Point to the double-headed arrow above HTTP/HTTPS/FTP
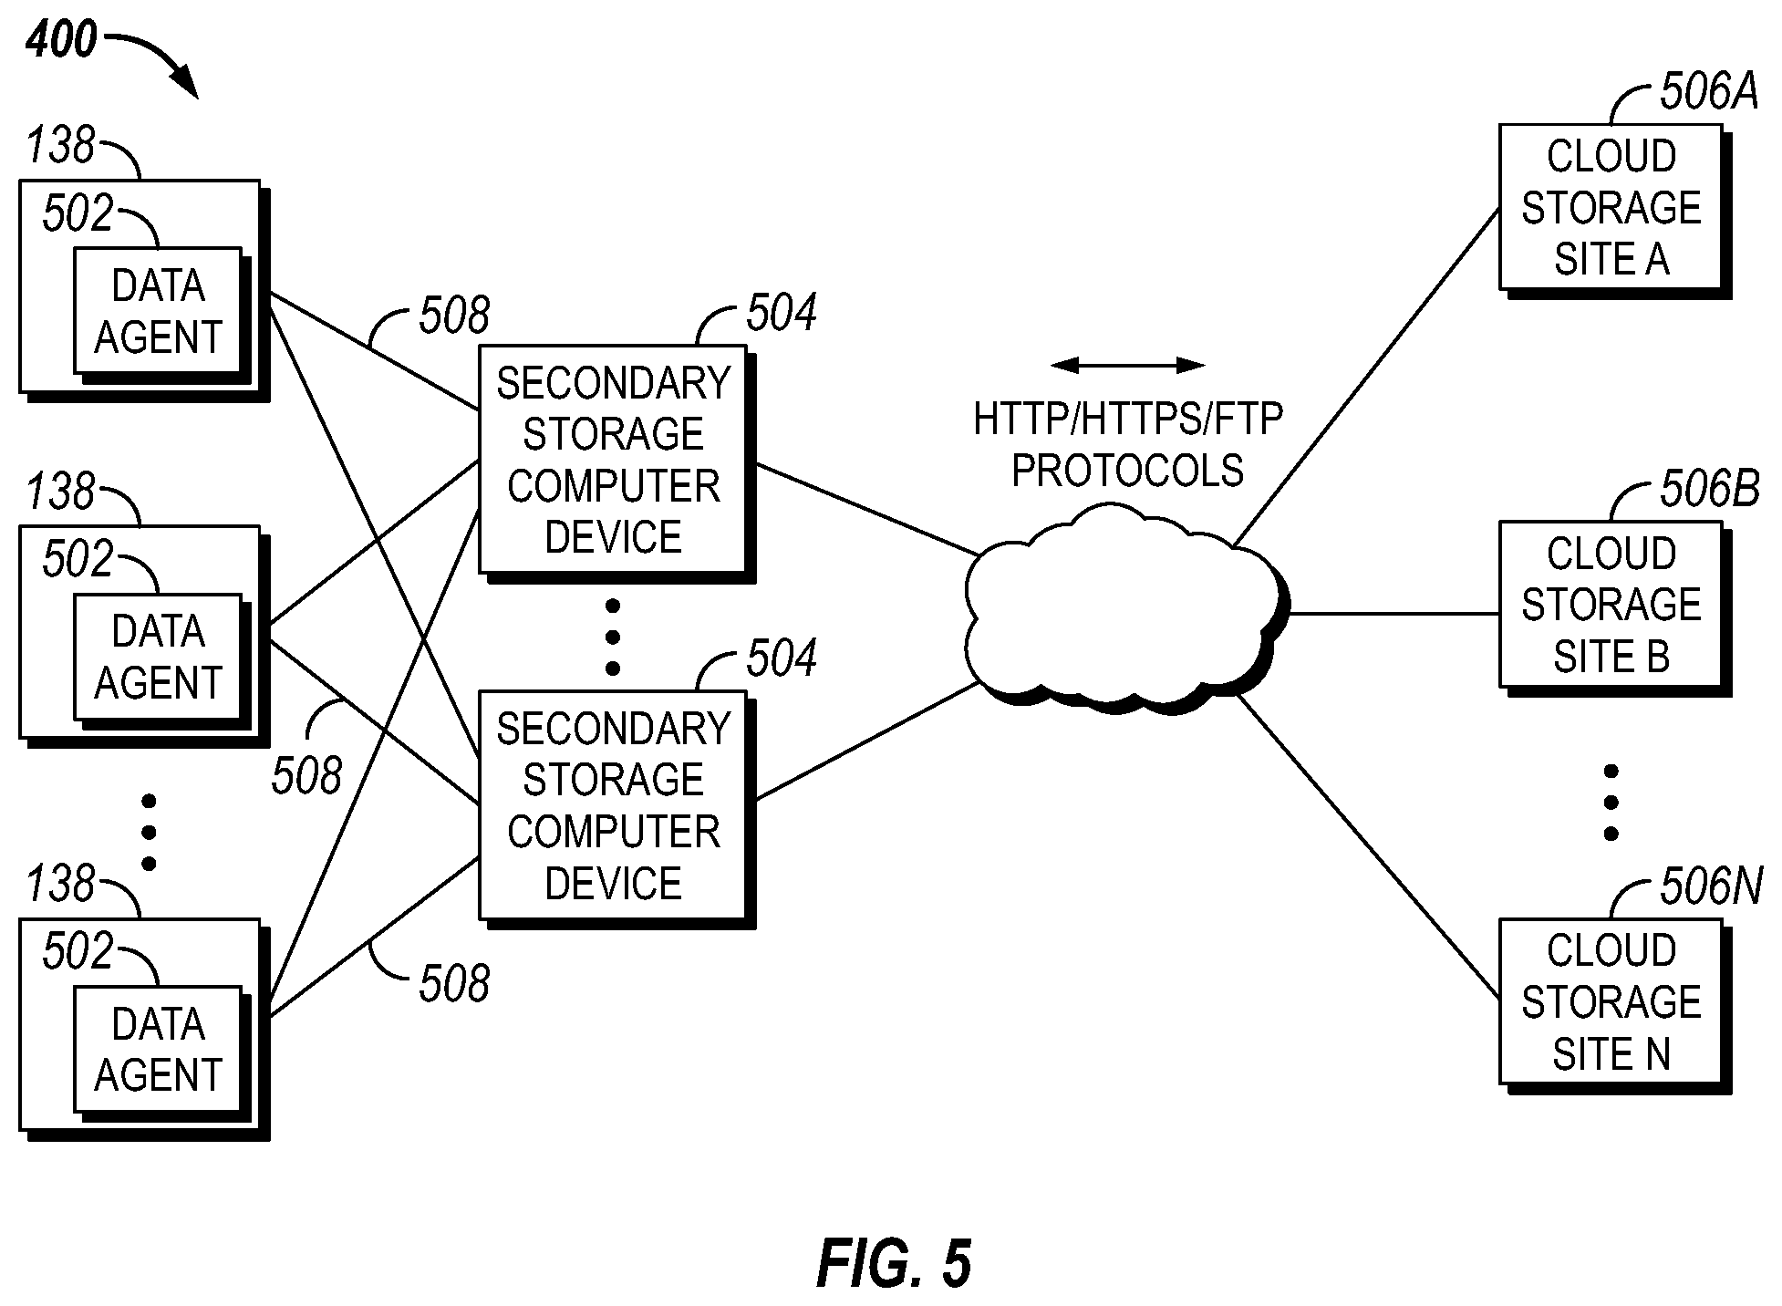pyautogui.click(x=1127, y=366)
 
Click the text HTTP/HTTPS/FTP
pyautogui.click(x=1128, y=419)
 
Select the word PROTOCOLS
pyautogui.click(x=1128, y=471)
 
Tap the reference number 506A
pyautogui.click(x=1708, y=91)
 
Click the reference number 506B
pyautogui.click(x=1709, y=489)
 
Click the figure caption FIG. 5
pyautogui.click(x=894, y=1264)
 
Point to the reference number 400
pyautogui.click(x=61, y=39)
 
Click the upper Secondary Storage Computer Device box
pyautogui.click(x=617, y=463)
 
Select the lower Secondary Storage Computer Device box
pyautogui.click(x=617, y=809)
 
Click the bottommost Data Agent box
pyautogui.click(x=161, y=1053)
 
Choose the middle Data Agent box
pyautogui.click(x=161, y=660)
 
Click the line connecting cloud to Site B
pyautogui.click(x=1394, y=614)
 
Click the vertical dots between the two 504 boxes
pyautogui.click(x=613, y=637)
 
